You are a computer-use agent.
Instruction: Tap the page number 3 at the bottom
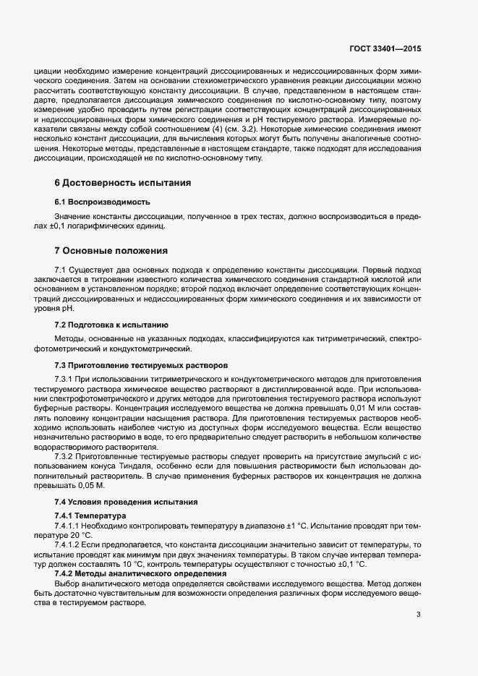(x=419, y=615)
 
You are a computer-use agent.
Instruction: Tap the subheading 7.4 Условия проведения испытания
(x=126, y=501)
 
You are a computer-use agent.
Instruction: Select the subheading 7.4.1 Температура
(x=90, y=515)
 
